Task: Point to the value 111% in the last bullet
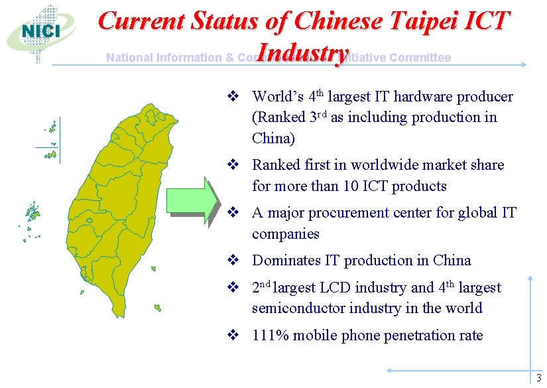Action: click(x=269, y=335)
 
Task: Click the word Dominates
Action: click(x=285, y=261)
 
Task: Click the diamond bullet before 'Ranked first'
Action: click(x=233, y=165)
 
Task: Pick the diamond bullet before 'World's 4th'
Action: click(x=233, y=97)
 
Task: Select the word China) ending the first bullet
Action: click(x=273, y=139)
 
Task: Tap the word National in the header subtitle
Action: click(x=130, y=58)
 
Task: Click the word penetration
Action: click(x=408, y=335)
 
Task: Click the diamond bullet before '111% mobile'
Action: click(x=233, y=336)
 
